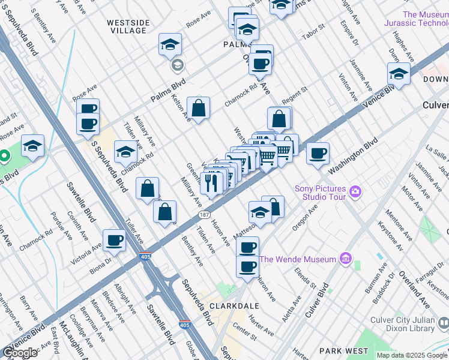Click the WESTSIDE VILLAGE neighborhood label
(x=127, y=27)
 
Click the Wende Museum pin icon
(x=345, y=259)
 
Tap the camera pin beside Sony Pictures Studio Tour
(x=356, y=192)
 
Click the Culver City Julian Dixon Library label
(x=402, y=324)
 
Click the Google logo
(x=20, y=352)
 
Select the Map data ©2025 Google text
(x=411, y=355)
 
